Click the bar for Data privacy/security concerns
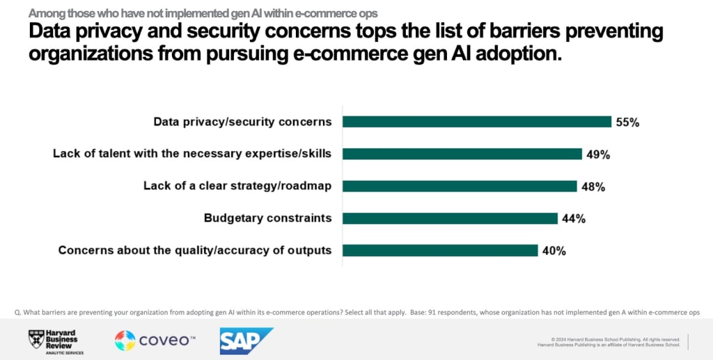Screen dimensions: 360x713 point(477,122)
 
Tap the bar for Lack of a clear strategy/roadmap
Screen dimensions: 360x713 point(460,186)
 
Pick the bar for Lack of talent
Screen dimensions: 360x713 point(462,154)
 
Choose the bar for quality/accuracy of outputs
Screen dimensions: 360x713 point(440,250)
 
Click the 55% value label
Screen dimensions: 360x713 point(627,123)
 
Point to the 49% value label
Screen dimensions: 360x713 point(598,155)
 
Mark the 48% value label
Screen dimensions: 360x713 point(593,187)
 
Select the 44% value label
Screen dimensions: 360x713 point(574,219)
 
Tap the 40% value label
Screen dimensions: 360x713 point(554,251)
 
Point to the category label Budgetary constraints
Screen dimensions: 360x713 point(267,218)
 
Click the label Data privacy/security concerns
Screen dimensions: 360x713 point(242,122)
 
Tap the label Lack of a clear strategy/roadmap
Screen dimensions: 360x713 point(237,186)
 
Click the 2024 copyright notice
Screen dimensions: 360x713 point(611,339)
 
